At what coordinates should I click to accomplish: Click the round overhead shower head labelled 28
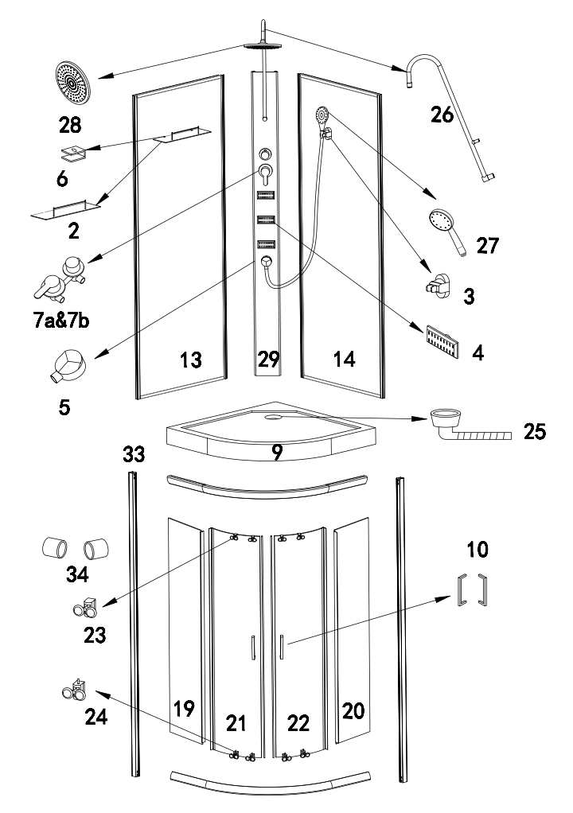click(72, 83)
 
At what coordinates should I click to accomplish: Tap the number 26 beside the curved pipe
click(442, 115)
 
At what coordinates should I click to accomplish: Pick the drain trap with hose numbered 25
click(470, 426)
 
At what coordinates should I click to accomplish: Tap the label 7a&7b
click(61, 321)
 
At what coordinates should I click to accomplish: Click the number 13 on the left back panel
click(191, 360)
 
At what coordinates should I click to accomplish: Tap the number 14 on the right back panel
click(345, 359)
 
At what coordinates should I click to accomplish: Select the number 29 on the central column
click(269, 359)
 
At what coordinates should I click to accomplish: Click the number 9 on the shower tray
click(278, 452)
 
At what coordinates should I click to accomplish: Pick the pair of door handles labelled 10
click(473, 589)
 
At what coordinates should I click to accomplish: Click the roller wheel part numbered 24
click(74, 690)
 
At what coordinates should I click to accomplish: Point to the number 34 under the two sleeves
click(77, 574)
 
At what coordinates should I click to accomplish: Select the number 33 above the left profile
click(134, 454)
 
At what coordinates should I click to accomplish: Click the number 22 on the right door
click(298, 723)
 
